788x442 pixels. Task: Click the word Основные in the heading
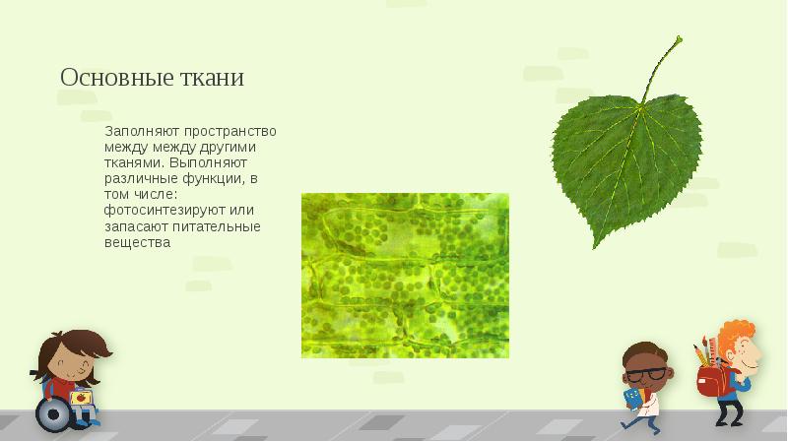(107, 77)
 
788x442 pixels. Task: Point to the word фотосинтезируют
(155, 210)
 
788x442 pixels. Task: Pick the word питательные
(221, 226)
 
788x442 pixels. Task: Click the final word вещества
(131, 242)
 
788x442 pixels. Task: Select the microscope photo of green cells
(405, 275)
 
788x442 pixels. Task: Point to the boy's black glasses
(647, 374)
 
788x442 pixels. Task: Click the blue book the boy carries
(631, 397)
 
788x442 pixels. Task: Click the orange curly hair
(736, 335)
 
